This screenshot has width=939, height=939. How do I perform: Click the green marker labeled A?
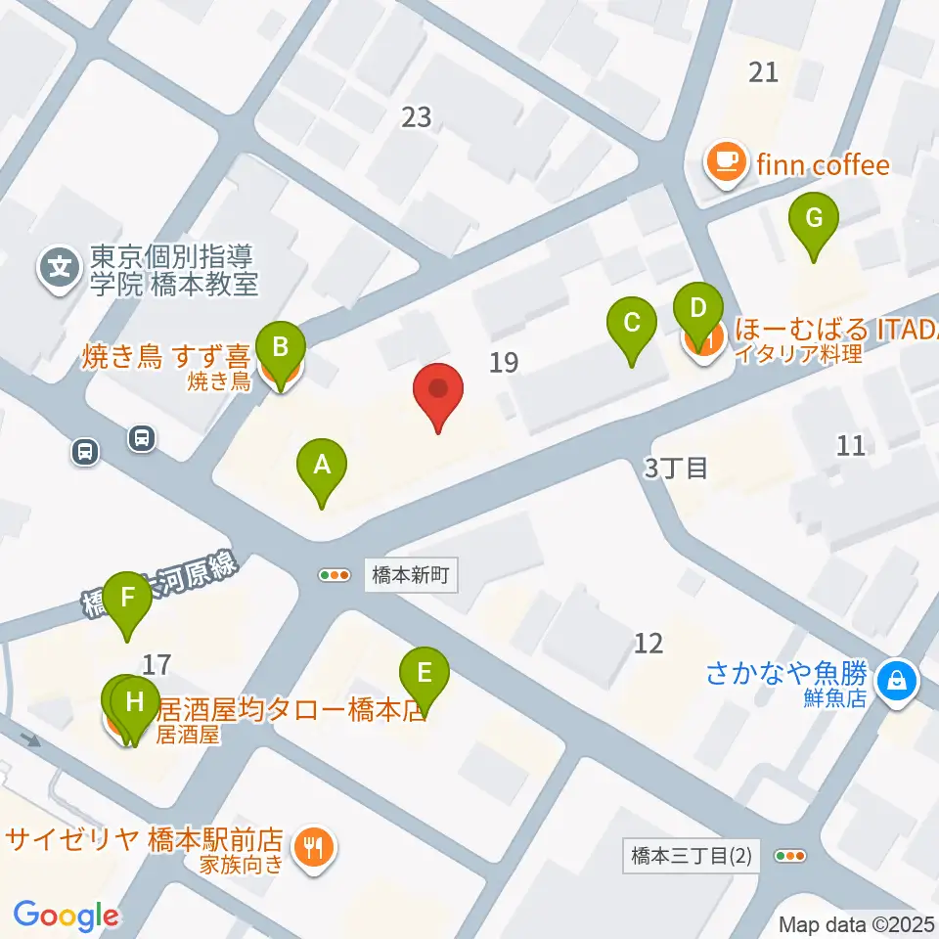pyautogui.click(x=322, y=466)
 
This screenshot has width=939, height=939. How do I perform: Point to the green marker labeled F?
pyautogui.click(x=128, y=598)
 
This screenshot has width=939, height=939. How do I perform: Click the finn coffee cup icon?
pyautogui.click(x=724, y=160)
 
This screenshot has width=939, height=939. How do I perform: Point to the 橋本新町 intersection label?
pyautogui.click(x=411, y=575)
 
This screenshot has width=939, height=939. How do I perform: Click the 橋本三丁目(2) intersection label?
pyautogui.click(x=692, y=856)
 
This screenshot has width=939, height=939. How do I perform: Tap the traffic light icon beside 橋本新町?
pyautogui.click(x=335, y=575)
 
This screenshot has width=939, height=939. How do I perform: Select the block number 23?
pyautogui.click(x=417, y=117)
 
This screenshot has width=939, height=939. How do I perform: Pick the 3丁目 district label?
pyautogui.click(x=675, y=468)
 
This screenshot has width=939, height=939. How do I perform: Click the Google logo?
pyautogui.click(x=66, y=916)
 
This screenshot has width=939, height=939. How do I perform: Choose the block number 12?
pyautogui.click(x=648, y=643)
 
